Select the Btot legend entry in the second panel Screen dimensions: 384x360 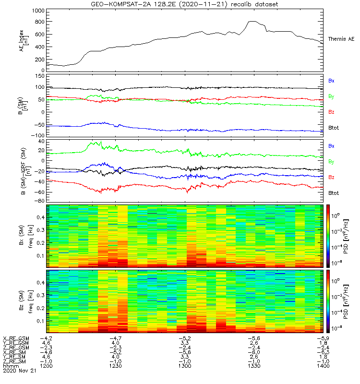(x=334, y=127)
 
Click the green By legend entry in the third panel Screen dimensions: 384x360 (x=331, y=161)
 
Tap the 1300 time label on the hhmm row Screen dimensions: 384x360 (x=184, y=366)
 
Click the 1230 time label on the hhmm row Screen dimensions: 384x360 (x=116, y=366)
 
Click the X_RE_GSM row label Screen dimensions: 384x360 (x=16, y=338)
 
